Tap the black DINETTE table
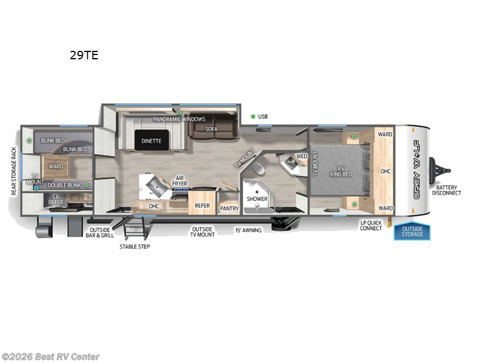pos(152,140)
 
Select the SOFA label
pos(211,129)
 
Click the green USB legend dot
pos(253,116)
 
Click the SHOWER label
pos(257,198)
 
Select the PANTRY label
pos(229,208)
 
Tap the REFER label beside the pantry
pos(202,206)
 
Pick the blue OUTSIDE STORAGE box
pos(412,232)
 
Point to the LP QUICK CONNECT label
pos(371,225)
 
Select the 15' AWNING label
pos(248,230)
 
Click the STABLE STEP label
pos(135,246)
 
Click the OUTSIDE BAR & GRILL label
pos(101,233)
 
